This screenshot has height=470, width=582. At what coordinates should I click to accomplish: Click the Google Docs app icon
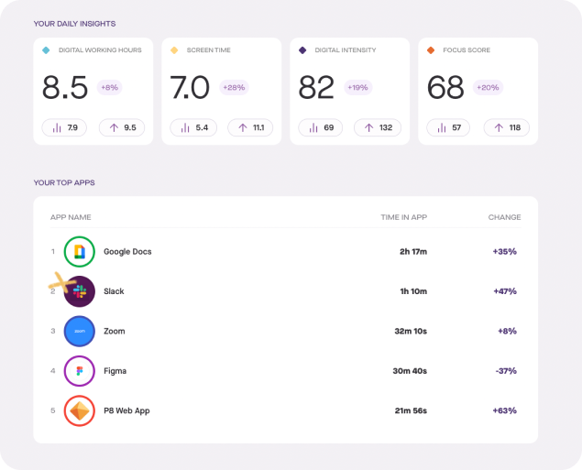coord(80,251)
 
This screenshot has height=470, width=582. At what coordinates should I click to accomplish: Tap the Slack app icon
coord(80,291)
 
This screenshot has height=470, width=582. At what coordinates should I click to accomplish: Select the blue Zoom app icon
coord(80,331)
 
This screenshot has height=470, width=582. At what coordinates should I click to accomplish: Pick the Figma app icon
coord(80,371)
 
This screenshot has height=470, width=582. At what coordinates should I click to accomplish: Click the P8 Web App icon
coord(80,410)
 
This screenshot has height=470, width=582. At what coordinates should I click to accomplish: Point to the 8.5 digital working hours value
coord(65,88)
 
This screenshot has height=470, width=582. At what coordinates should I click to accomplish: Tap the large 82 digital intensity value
coord(317,88)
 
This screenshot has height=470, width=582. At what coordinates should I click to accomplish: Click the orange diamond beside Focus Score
coord(431,49)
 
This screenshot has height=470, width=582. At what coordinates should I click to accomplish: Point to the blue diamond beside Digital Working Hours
coord(46,49)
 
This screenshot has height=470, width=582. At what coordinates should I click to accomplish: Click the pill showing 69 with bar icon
coord(321,127)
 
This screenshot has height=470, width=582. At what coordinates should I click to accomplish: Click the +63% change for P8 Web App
coord(504,410)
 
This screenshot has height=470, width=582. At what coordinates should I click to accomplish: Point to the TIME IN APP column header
coord(403,217)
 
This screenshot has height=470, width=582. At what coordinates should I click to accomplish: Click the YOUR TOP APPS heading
coord(64,182)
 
